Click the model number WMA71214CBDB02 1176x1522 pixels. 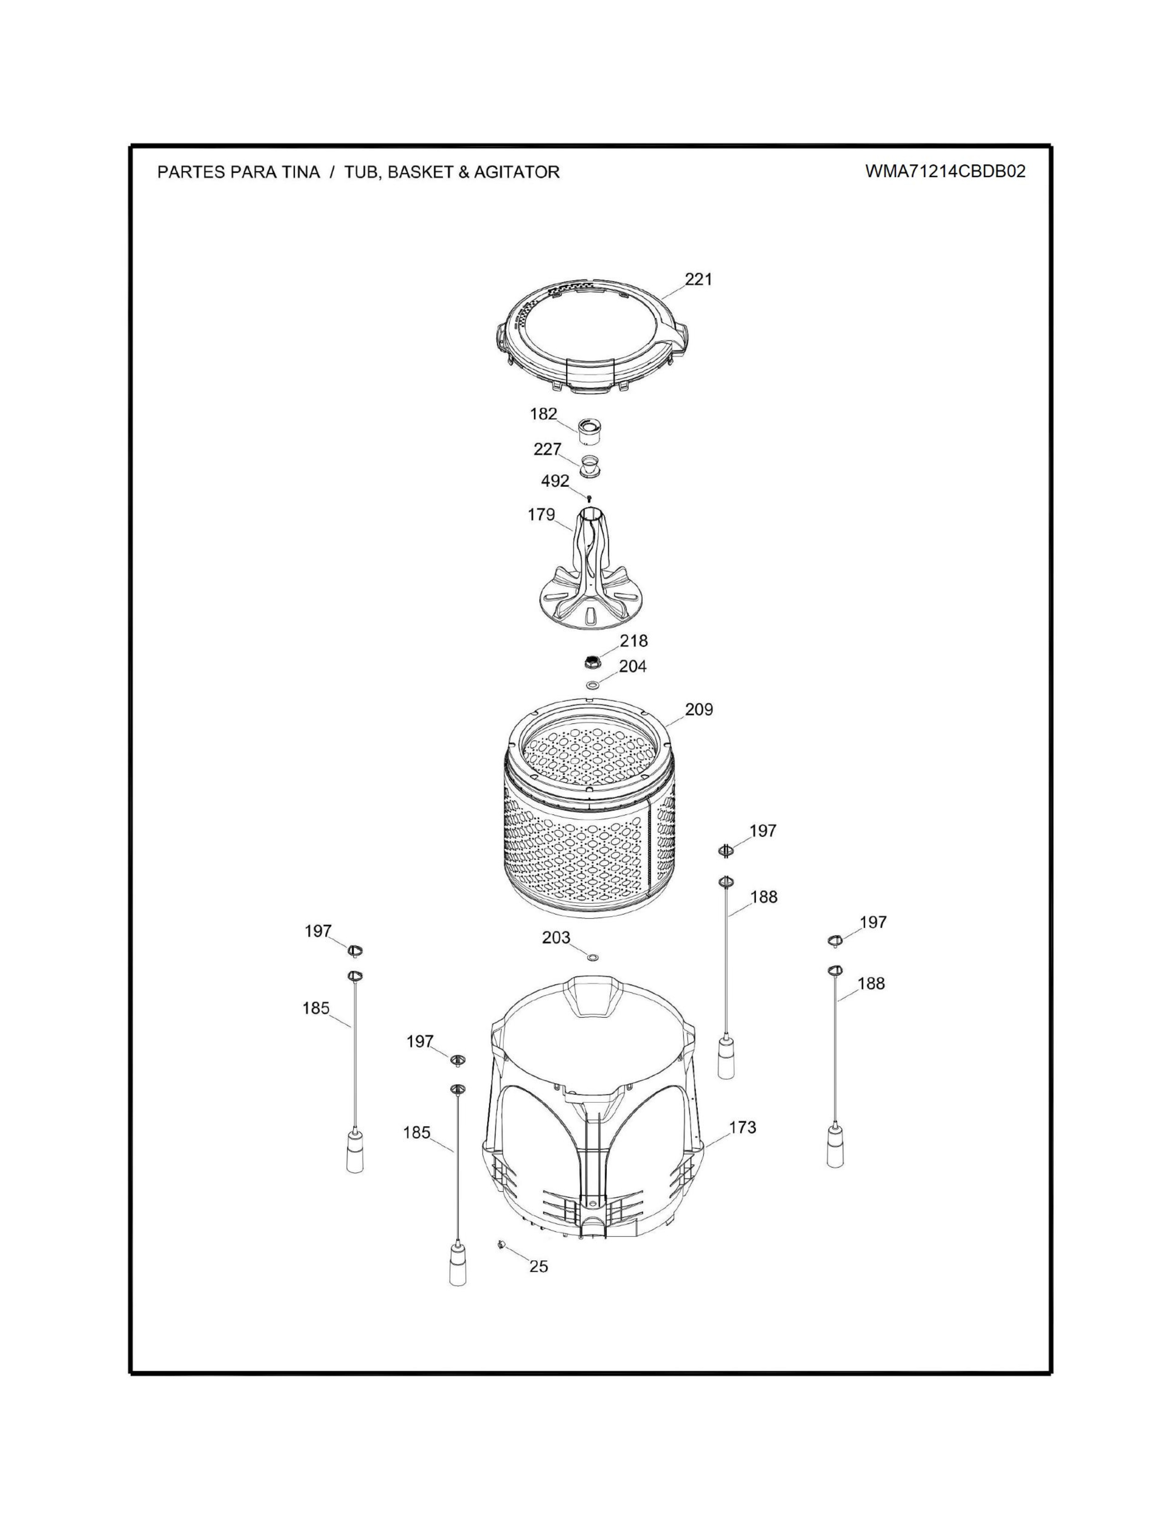(945, 172)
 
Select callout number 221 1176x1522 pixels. (699, 279)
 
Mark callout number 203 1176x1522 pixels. (556, 938)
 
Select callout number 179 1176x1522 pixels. (541, 515)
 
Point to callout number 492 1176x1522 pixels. (555, 481)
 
